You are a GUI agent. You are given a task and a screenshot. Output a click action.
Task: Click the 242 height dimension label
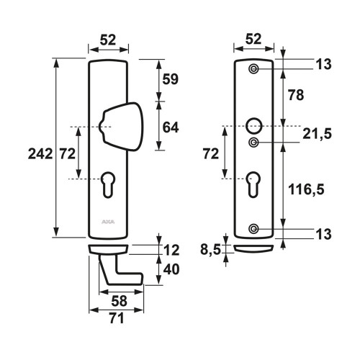coord(40,154)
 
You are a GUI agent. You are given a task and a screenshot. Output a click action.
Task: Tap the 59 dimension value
coord(171,79)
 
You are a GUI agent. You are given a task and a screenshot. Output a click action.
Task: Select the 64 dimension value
coord(171,127)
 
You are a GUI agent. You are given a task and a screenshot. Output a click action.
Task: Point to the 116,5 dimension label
coord(306,189)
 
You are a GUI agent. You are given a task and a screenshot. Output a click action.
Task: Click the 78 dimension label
coord(296,95)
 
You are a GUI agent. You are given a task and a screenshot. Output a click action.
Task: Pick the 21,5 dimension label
coord(317,134)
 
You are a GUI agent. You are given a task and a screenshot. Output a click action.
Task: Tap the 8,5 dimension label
coord(210,250)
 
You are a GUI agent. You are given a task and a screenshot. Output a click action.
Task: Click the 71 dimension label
coord(117,318)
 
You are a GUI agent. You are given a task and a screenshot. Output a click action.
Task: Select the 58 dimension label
coord(119,301)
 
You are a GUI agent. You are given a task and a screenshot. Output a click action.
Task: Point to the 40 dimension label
coord(171,269)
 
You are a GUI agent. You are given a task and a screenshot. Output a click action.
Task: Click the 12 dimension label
coord(171,251)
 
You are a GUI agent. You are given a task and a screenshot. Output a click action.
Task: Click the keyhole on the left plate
coord(108,185)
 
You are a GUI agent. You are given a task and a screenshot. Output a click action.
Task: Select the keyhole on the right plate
coord(253,184)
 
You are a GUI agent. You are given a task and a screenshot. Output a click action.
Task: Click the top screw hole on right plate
coord(253,69)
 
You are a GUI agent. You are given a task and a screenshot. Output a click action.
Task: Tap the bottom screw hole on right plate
coord(253,229)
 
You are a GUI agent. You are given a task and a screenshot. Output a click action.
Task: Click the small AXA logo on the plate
coord(108,222)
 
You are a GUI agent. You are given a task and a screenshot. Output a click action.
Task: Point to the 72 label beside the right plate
coord(211,154)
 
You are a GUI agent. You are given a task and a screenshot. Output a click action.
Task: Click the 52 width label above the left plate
coord(108,40)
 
